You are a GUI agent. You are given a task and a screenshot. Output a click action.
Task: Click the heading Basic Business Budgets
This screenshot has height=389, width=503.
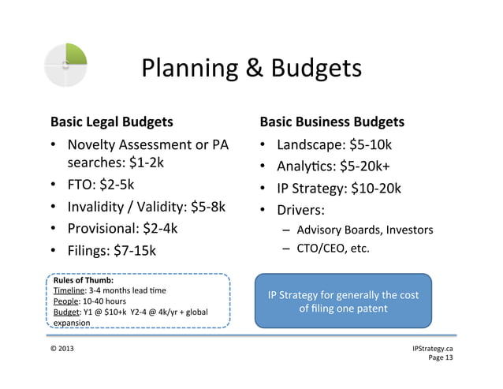point(332,122)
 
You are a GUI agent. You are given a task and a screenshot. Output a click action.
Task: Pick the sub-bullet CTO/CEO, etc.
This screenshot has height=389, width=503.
point(333,250)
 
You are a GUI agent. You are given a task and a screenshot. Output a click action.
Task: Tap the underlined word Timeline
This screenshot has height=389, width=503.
point(69,290)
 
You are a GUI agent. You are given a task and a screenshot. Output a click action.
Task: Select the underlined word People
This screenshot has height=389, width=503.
point(65,301)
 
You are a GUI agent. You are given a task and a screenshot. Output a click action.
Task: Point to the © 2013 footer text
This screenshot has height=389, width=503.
point(65,348)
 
